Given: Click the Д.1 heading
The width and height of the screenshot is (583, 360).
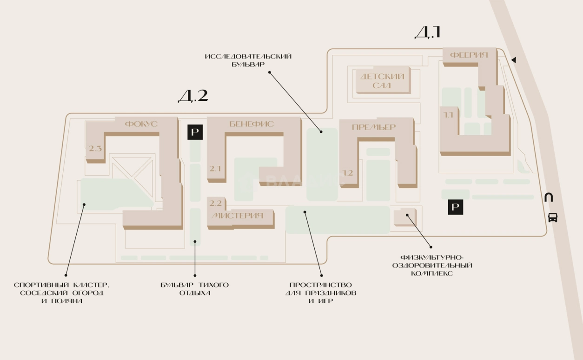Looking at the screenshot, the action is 427,32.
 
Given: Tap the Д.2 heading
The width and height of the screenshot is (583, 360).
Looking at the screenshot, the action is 193,96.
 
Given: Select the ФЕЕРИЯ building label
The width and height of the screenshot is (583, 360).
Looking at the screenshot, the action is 469,55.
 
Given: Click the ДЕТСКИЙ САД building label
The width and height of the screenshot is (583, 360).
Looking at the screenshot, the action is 382,81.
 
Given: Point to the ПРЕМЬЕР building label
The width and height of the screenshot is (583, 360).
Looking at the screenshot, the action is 374,127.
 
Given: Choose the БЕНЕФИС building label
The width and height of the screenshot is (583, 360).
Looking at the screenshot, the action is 252,124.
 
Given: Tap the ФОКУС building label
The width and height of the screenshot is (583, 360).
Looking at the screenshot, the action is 141,124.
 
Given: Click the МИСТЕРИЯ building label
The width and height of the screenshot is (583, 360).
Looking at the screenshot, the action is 237,216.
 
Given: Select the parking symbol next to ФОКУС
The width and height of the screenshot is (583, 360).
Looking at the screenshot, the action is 195,132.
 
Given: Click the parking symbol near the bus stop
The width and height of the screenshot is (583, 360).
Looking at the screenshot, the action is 455,207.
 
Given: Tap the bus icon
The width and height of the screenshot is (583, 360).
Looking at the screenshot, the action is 553,217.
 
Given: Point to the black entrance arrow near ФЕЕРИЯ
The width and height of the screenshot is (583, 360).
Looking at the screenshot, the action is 514,60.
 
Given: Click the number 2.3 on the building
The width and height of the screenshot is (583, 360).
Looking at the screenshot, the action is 95,149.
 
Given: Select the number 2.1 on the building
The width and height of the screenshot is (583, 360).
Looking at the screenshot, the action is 215,169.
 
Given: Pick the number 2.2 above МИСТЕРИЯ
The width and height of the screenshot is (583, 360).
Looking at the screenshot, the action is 216,203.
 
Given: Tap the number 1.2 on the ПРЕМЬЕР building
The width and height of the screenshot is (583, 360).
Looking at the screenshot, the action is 348,173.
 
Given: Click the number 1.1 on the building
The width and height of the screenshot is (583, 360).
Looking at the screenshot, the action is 449,115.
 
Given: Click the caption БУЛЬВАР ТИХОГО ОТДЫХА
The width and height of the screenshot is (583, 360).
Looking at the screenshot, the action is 195,289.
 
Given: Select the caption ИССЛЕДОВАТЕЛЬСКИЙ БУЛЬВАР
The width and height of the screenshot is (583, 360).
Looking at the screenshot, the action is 248,60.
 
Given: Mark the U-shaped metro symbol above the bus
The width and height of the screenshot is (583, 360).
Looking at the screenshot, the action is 549,197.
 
